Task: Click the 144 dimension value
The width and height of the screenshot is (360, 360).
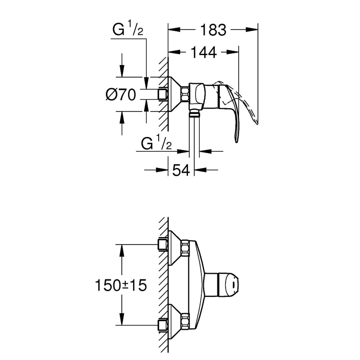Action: coord(204,52)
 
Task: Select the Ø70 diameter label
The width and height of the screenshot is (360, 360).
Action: coord(120,95)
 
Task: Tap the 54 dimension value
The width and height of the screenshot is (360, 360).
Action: coord(181,170)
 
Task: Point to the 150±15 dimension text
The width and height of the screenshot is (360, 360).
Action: coord(121,285)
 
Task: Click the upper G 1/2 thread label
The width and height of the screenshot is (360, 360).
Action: coord(128,30)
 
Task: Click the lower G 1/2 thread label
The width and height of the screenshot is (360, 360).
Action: coord(156,143)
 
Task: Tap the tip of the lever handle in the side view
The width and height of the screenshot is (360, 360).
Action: coord(236,142)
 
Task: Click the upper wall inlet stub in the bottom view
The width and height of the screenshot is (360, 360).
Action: coord(163,245)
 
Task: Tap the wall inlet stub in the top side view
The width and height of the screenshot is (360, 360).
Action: coord(163,94)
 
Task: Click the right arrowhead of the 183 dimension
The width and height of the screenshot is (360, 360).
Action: coord(251,30)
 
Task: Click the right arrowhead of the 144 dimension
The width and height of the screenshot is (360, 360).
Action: coord(232,52)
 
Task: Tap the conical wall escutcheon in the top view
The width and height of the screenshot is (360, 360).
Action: coord(175,94)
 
